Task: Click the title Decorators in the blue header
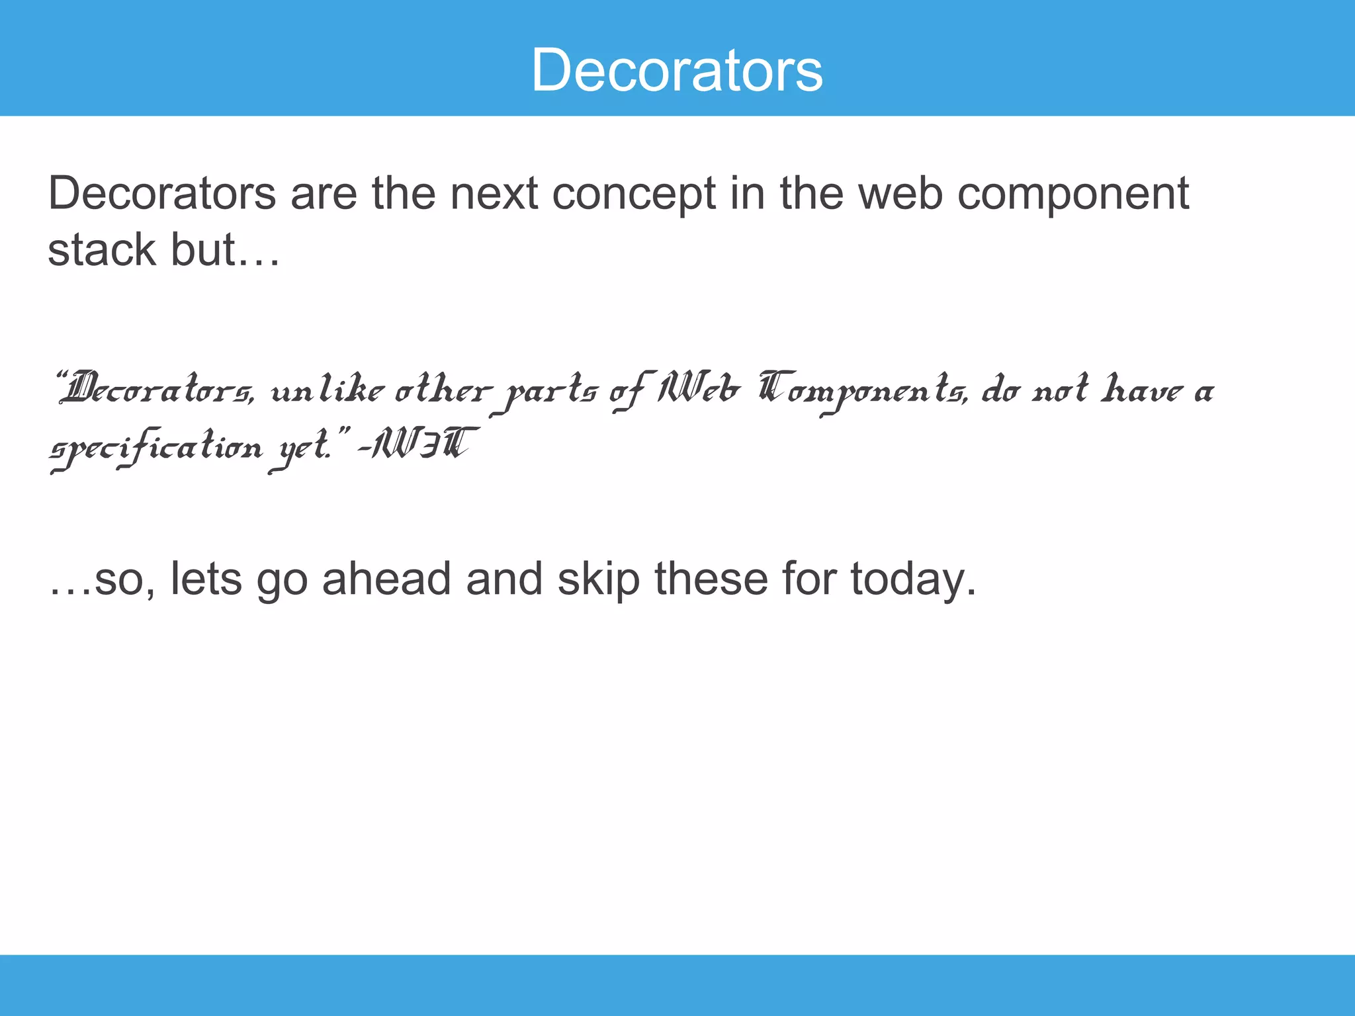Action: [677, 70]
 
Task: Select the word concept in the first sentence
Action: [633, 194]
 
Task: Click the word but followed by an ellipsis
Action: [225, 250]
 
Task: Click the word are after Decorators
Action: [324, 194]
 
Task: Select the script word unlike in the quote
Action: [327, 390]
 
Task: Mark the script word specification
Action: [156, 448]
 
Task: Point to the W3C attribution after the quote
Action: [421, 444]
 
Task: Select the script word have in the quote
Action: [1142, 390]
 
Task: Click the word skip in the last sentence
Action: [599, 579]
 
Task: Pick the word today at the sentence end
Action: [913, 579]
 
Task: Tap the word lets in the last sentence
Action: [206, 579]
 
